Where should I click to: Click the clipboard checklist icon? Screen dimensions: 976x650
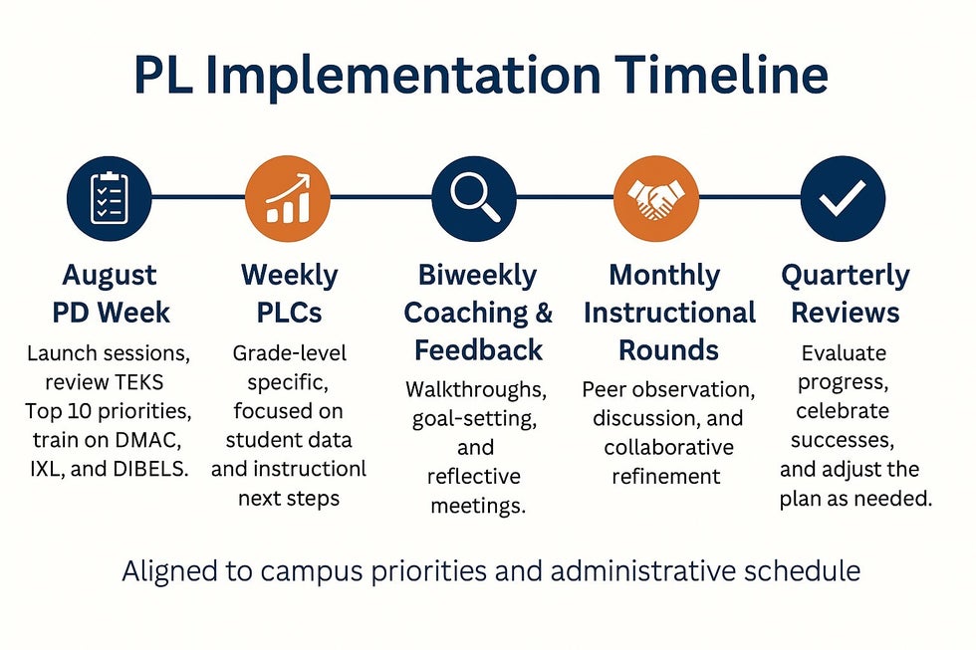coord(109,198)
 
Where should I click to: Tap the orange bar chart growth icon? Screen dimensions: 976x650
coord(288,198)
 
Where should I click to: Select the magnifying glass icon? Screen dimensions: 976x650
coord(474,198)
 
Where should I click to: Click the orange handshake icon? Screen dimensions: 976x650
coord(656,198)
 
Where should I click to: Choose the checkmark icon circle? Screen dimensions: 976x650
coord(843,198)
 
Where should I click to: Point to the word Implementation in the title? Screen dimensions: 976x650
coord(402,77)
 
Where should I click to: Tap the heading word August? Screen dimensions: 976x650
coord(110,276)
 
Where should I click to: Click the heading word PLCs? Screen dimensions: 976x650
coord(290,313)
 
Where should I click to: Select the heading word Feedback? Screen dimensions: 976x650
coord(479,350)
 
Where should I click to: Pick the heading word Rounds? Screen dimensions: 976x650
coord(668,350)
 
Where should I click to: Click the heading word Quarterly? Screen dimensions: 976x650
coord(846,276)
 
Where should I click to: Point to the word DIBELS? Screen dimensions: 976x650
coord(151,469)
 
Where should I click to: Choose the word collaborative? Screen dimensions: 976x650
coord(668,447)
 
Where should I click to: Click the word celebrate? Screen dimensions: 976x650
coord(843,410)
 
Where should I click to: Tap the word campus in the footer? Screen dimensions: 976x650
coord(311,572)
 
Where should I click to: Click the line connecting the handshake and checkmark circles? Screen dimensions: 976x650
coord(749,197)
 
